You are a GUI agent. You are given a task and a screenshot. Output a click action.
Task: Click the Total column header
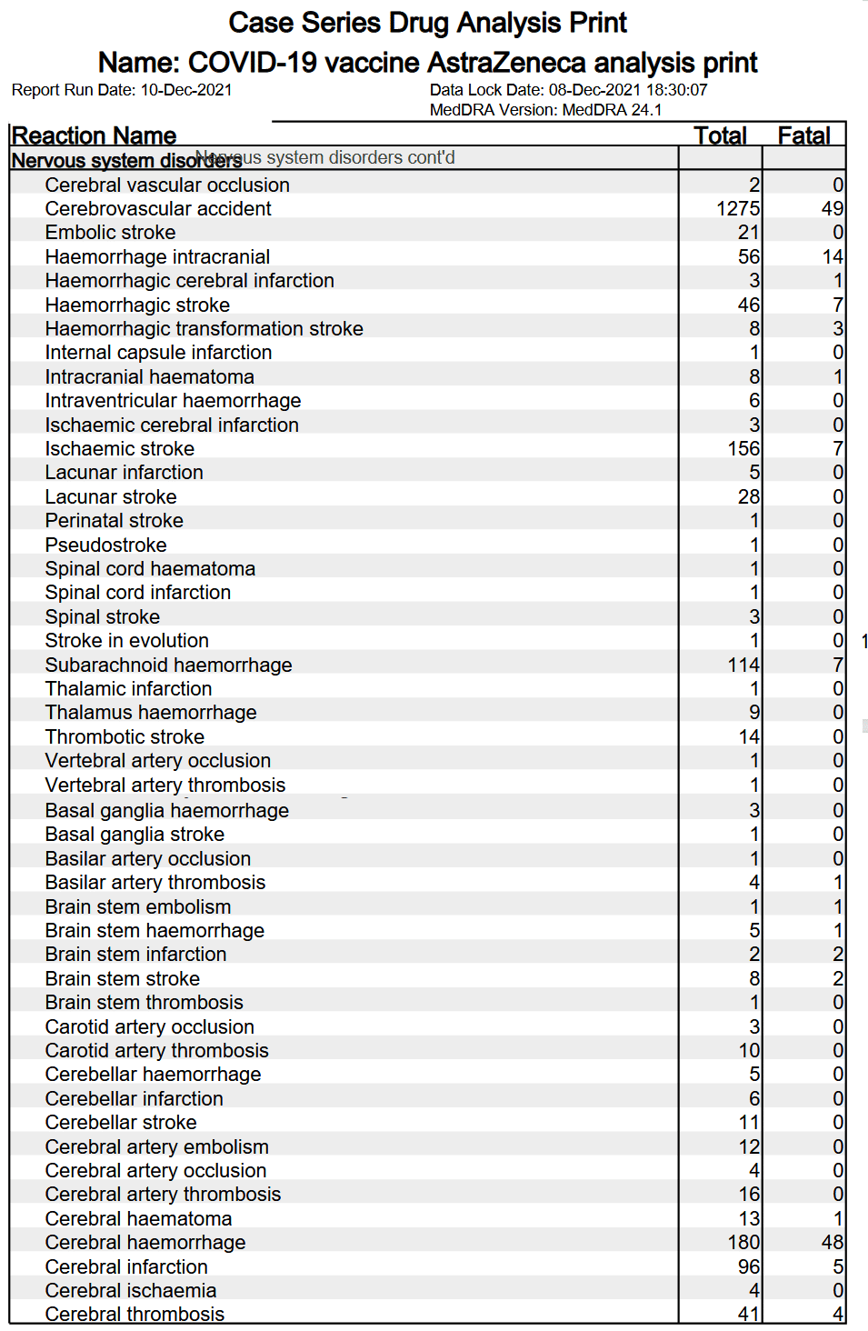click(720, 135)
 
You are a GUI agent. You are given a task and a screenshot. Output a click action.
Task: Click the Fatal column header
click(803, 135)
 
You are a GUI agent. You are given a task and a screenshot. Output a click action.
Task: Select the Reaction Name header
click(94, 135)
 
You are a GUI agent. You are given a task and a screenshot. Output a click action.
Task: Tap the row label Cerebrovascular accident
click(158, 209)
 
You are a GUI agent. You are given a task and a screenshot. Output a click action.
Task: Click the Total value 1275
click(737, 209)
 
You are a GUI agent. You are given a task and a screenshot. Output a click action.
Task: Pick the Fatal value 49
click(832, 209)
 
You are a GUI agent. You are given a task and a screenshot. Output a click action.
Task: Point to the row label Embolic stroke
click(110, 233)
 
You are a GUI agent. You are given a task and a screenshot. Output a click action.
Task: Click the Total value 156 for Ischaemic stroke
click(743, 449)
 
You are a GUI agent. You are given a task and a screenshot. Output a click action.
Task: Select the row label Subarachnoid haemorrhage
click(168, 665)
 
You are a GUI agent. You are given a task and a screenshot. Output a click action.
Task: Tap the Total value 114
click(743, 665)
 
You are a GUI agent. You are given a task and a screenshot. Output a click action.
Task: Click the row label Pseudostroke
click(105, 545)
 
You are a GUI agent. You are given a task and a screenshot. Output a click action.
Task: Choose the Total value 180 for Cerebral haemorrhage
click(743, 1243)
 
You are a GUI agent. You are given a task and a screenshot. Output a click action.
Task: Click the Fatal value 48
click(832, 1243)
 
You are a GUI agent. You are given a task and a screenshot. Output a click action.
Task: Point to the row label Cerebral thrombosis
click(135, 1314)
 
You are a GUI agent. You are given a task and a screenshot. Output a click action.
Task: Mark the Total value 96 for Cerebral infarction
click(748, 1267)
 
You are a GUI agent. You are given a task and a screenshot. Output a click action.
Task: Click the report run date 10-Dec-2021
click(185, 90)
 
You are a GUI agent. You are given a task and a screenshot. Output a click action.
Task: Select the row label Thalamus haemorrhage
click(151, 713)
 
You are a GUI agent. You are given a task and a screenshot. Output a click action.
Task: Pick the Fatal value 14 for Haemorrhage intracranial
click(832, 257)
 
